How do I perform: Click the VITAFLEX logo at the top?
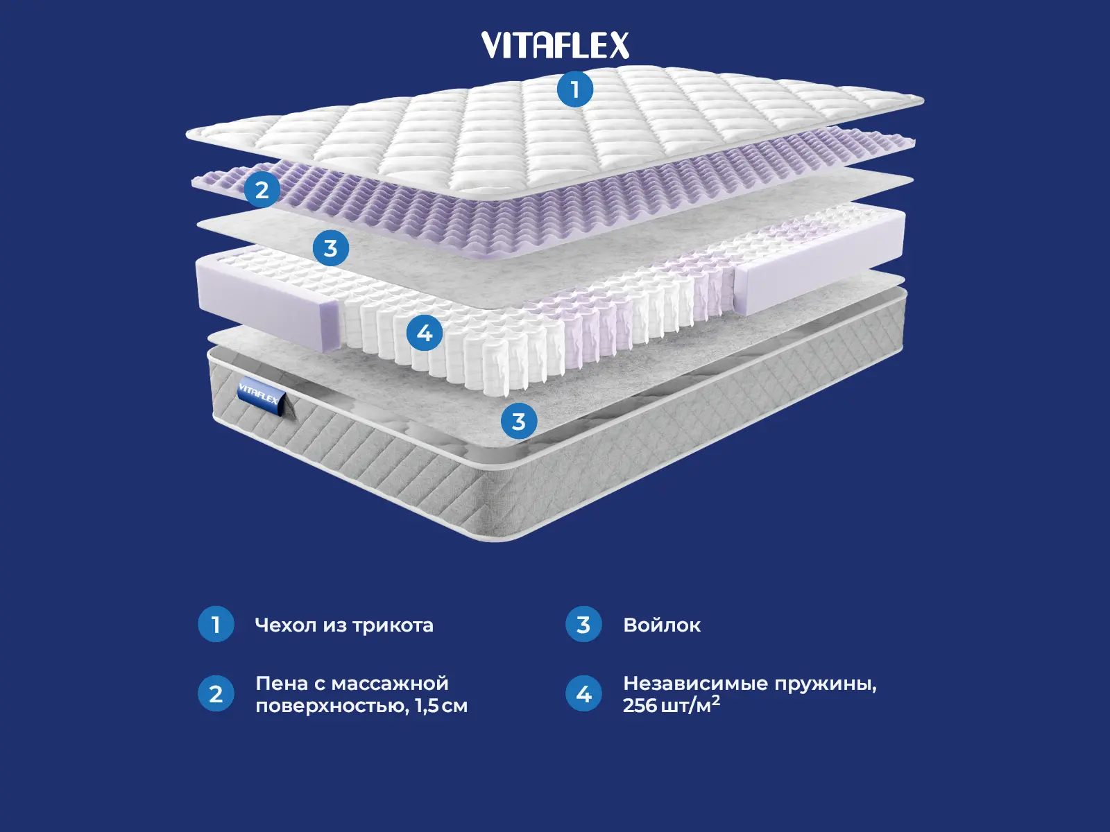pyautogui.click(x=555, y=46)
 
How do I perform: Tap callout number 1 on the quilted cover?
pyautogui.click(x=574, y=89)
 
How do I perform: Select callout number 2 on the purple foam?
pyautogui.click(x=262, y=189)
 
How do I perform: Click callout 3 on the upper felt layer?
pyautogui.click(x=330, y=248)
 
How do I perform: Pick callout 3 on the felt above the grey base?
pyautogui.click(x=518, y=421)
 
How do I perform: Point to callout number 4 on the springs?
pyautogui.click(x=425, y=333)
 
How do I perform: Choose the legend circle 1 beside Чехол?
pyautogui.click(x=216, y=625)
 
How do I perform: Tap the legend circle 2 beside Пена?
pyautogui.click(x=216, y=694)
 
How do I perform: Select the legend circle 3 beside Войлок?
pyautogui.click(x=583, y=625)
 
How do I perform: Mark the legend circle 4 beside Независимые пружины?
pyautogui.click(x=583, y=694)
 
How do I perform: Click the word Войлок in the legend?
pyautogui.click(x=662, y=625)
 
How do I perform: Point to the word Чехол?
pyautogui.click(x=286, y=625)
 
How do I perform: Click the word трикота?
pyautogui.click(x=393, y=625)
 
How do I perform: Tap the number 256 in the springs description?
pyautogui.click(x=638, y=706)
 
